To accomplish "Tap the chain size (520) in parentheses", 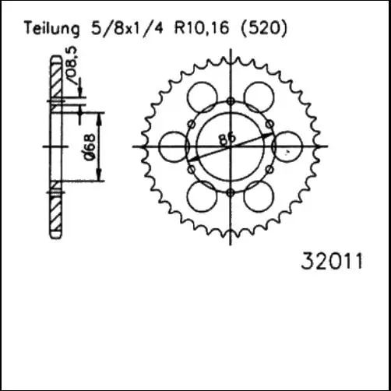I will tap(266, 29).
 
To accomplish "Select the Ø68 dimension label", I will tap(91, 147).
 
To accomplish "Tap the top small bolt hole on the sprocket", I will tap(231, 100).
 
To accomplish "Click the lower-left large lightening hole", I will tap(203, 195).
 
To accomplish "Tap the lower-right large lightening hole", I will tap(259, 195).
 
